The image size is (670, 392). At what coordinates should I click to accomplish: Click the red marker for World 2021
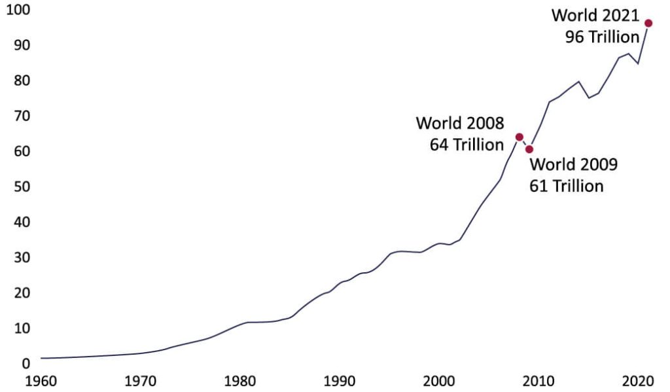pos(648,24)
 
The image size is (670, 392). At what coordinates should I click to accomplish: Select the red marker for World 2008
pos(520,137)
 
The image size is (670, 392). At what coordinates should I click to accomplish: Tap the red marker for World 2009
pos(529,149)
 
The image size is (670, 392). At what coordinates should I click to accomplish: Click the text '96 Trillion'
pos(602,37)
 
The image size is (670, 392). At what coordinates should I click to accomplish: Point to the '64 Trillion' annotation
pos(467,145)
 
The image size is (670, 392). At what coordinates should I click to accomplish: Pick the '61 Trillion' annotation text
pos(566,186)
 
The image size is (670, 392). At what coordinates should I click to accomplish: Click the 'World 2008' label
pos(459,123)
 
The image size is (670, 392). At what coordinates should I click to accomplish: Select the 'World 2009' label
pos(573,164)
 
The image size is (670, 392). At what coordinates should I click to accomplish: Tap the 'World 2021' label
pos(595,16)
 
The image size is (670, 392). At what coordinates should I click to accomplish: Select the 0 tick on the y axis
pos(25,364)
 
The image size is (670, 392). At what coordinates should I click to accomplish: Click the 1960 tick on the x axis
pos(41,381)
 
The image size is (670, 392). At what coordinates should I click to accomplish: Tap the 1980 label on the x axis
pos(240,381)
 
